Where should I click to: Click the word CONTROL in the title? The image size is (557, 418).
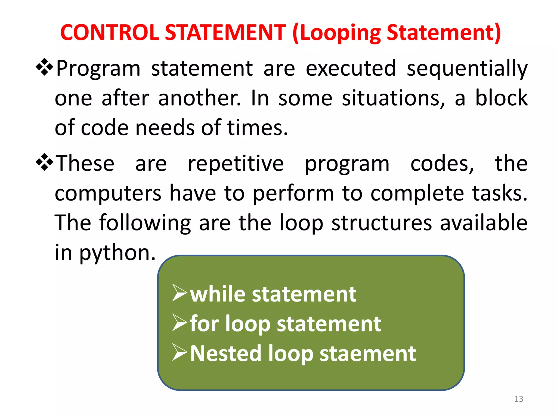click(x=109, y=33)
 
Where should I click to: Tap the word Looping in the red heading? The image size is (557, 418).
click(x=339, y=33)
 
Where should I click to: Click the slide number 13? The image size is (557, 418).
click(x=518, y=399)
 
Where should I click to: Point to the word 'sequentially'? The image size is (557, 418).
click(x=467, y=69)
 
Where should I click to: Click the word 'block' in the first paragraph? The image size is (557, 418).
click(x=501, y=98)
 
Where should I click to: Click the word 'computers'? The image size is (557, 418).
click(x=108, y=193)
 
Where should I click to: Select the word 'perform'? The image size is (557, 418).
click(x=293, y=193)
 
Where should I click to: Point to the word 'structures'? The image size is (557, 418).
click(x=382, y=223)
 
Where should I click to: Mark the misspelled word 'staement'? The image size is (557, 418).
click(x=367, y=354)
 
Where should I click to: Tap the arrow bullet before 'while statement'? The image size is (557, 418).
click(x=180, y=293)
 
